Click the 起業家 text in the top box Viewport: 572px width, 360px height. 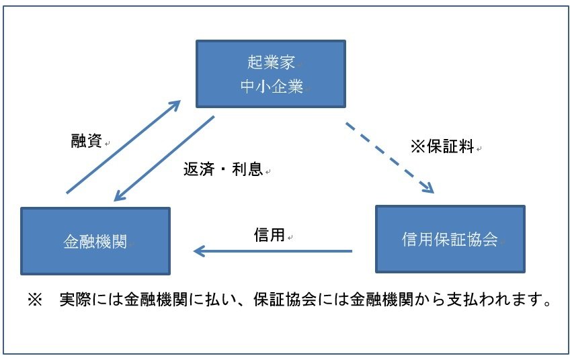tap(271, 62)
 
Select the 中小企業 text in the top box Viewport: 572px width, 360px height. tap(272, 87)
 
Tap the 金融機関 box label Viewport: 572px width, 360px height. tap(95, 242)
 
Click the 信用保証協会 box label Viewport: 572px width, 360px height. tap(450, 239)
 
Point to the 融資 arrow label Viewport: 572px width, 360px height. tap(87, 140)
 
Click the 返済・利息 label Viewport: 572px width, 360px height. tap(223, 169)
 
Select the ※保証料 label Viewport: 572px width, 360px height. tap(442, 146)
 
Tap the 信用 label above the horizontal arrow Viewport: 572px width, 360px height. tap(270, 234)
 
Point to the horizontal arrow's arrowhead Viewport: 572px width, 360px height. tap(199, 251)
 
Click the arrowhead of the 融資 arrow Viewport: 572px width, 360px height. tap(175, 105)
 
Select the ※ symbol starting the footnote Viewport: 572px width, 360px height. tap(35, 300)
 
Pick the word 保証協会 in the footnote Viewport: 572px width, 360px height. tap(285, 300)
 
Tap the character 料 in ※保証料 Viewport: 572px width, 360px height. tap(466, 146)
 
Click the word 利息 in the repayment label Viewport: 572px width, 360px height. tap(247, 169)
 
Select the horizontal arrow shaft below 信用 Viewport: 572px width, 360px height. tap(273, 251)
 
